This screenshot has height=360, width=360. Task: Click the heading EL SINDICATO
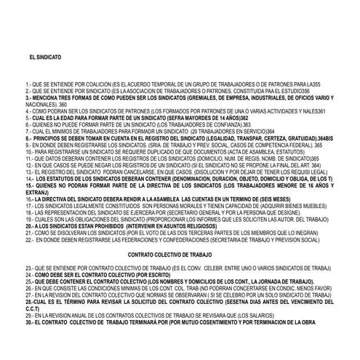pyautogui.click(x=44, y=56)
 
